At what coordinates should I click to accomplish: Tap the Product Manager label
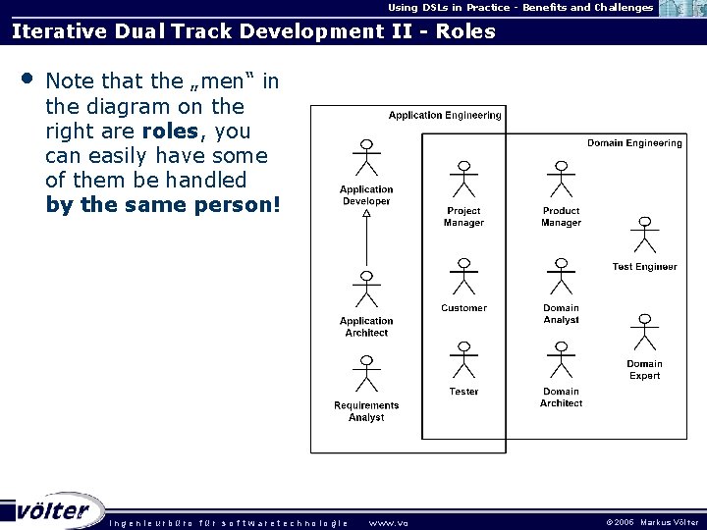coord(561,217)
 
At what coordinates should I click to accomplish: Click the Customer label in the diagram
coord(463,308)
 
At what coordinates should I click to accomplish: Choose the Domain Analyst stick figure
coord(561,278)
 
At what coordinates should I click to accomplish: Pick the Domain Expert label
coord(644,370)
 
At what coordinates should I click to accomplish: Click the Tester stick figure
coord(463,360)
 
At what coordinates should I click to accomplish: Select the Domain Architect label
coord(561,397)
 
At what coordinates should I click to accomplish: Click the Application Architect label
coord(366,327)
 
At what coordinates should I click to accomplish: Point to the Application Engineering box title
coord(445,116)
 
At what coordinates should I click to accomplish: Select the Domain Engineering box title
coord(634,143)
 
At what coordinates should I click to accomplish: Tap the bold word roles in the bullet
coord(169,131)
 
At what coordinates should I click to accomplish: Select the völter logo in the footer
coord(54,510)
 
